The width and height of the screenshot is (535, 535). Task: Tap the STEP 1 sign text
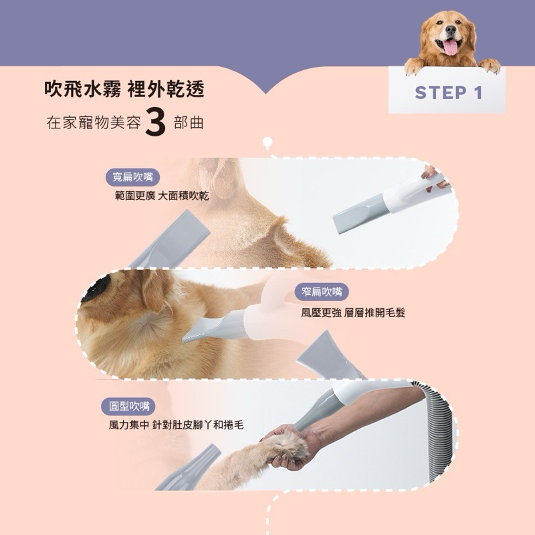click(x=448, y=92)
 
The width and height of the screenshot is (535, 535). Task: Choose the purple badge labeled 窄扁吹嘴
click(x=322, y=292)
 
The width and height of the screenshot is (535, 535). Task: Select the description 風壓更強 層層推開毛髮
click(x=353, y=312)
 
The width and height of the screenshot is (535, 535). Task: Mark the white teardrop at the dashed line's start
click(x=268, y=142)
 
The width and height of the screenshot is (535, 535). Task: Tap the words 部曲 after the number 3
click(x=189, y=124)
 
